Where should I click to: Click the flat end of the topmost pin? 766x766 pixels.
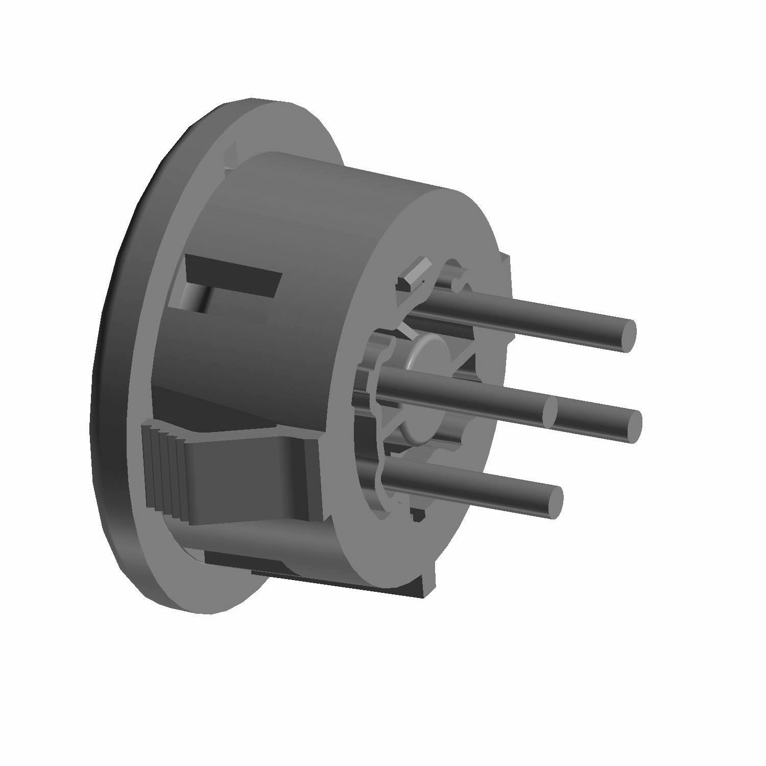pyautogui.click(x=627, y=335)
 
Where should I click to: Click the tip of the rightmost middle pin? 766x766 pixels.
pyautogui.click(x=633, y=426)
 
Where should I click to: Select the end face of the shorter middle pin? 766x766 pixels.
pyautogui.click(x=549, y=411)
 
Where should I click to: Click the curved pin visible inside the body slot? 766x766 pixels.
pyautogui.click(x=197, y=299)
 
